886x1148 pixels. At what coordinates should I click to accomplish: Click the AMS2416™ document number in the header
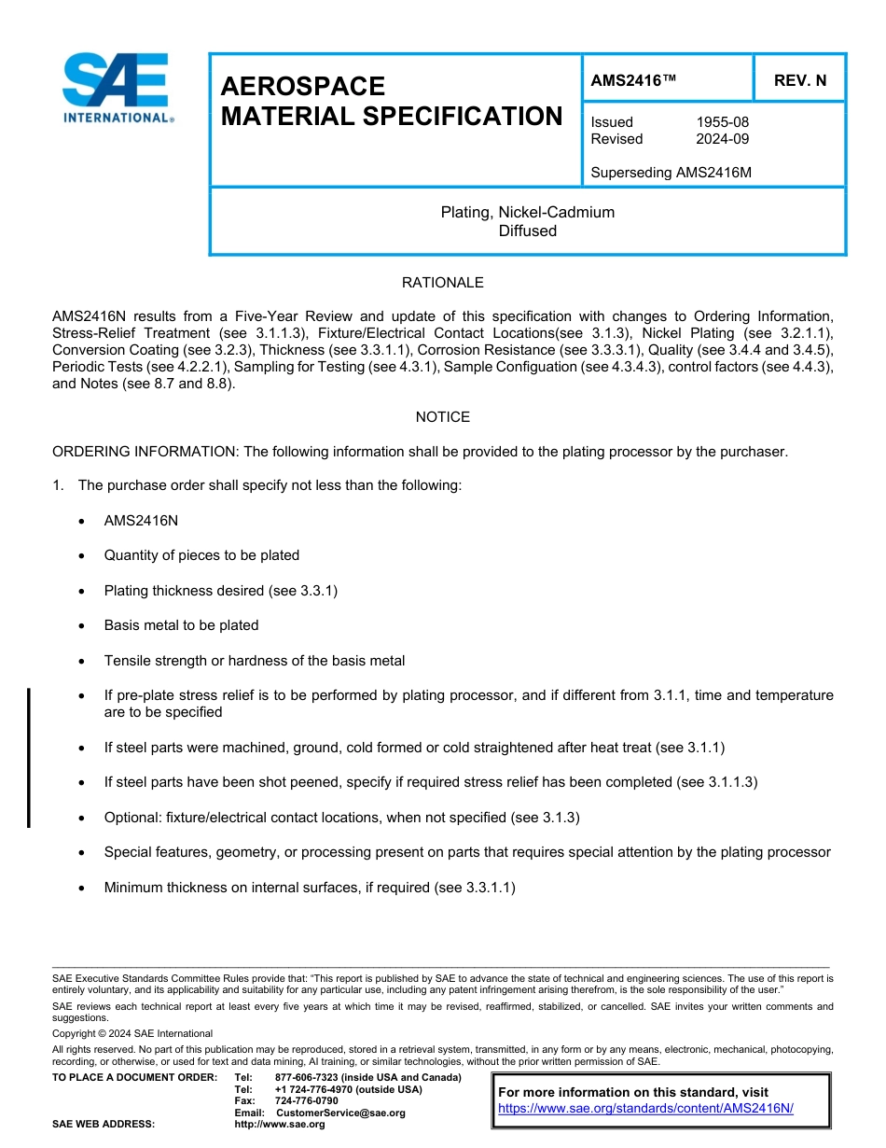[633, 80]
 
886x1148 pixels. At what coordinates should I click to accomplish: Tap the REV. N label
[799, 80]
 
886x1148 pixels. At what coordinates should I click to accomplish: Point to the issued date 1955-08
[722, 122]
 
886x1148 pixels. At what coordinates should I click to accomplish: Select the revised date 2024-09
[722, 139]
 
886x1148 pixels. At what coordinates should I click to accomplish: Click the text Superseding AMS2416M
[671, 173]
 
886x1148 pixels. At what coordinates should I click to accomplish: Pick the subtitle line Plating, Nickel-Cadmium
[527, 213]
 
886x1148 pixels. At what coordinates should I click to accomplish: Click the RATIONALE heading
[442, 283]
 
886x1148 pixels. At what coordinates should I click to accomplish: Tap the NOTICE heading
[442, 417]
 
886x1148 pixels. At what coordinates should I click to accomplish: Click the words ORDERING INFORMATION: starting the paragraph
[145, 452]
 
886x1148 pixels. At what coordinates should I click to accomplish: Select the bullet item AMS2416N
[141, 521]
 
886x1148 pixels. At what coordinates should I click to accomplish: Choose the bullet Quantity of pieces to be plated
[201, 555]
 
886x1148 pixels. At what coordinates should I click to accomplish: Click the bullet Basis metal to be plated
[181, 625]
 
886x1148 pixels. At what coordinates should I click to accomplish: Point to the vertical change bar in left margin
[29, 757]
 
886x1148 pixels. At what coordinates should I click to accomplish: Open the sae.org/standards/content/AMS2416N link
[645, 1109]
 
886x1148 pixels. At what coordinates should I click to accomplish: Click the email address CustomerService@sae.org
[340, 1113]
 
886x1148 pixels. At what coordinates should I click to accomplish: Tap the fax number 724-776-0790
[306, 1101]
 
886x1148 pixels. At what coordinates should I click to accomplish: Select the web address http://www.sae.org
[280, 1125]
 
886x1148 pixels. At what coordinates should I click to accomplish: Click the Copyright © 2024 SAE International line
[132, 1033]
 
